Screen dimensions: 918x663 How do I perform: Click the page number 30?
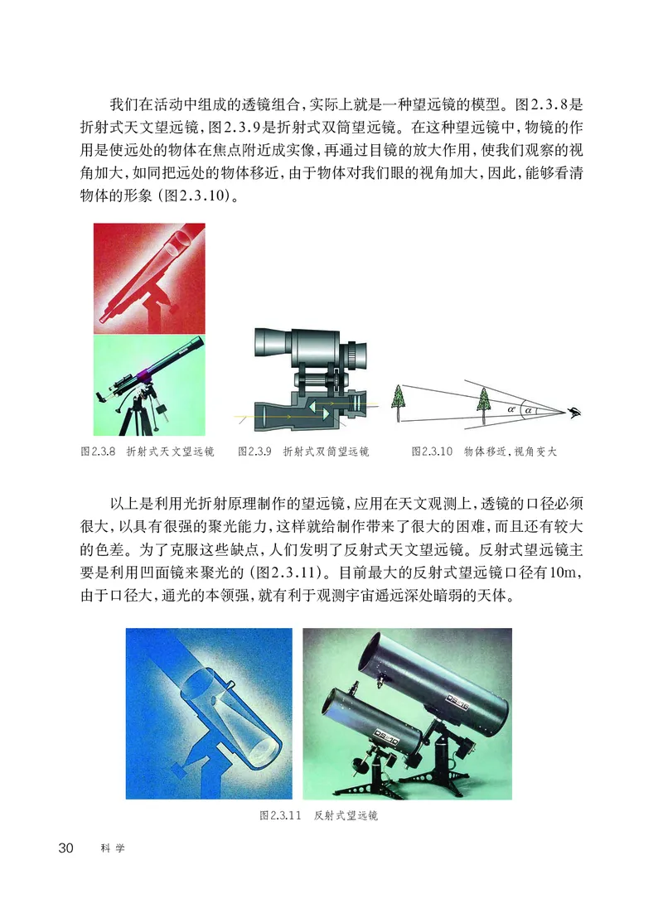point(65,848)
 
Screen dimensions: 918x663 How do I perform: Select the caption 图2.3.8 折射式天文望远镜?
point(147,452)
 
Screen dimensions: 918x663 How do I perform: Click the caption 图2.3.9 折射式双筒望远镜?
point(302,452)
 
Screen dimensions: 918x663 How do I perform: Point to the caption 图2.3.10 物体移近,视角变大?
point(485,452)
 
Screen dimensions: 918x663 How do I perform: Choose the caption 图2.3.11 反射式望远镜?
point(318,815)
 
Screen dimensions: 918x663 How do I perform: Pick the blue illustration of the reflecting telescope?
point(209,713)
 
